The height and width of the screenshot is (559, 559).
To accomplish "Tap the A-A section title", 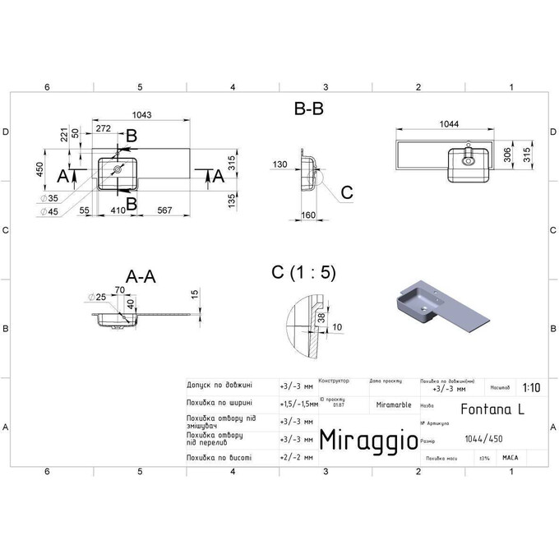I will coord(140,277).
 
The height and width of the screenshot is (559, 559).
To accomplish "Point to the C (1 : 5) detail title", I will coord(303,273).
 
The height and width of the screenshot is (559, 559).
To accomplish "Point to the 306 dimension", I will coord(508,156).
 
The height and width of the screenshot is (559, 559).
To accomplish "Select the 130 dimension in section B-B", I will coord(280,164).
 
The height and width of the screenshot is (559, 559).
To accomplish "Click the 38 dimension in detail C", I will coord(320,318).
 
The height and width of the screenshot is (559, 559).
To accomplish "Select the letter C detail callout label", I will coord(346,192).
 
